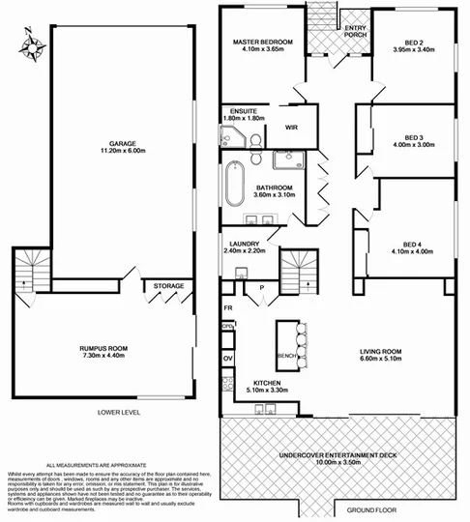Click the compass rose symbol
[x=29, y=46]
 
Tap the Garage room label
[x=121, y=145]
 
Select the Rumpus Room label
[x=104, y=350]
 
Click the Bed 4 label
[x=414, y=246]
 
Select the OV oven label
[x=228, y=359]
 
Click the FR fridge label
[x=228, y=308]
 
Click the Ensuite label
[x=239, y=114]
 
